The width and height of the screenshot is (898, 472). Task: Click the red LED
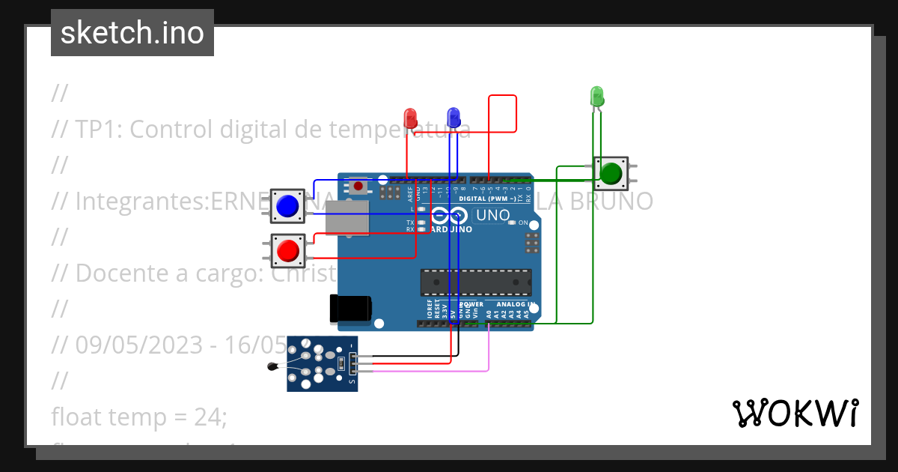410,118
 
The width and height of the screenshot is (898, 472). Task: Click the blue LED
453,117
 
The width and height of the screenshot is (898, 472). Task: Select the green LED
596,96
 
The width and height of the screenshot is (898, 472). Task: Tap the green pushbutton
611,173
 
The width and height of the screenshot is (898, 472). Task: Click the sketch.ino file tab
132,33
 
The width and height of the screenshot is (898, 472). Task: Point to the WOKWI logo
795,413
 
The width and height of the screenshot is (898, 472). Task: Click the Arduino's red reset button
359,186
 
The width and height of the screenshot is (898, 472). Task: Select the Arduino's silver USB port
347,217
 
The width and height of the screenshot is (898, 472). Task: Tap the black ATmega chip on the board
476,282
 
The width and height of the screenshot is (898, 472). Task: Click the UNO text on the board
492,216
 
